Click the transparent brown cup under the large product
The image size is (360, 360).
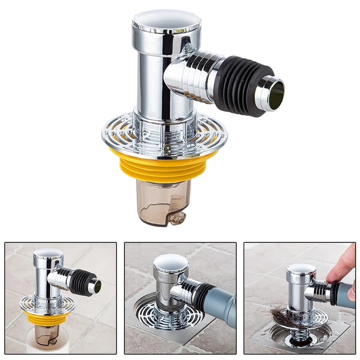tap(163, 202)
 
